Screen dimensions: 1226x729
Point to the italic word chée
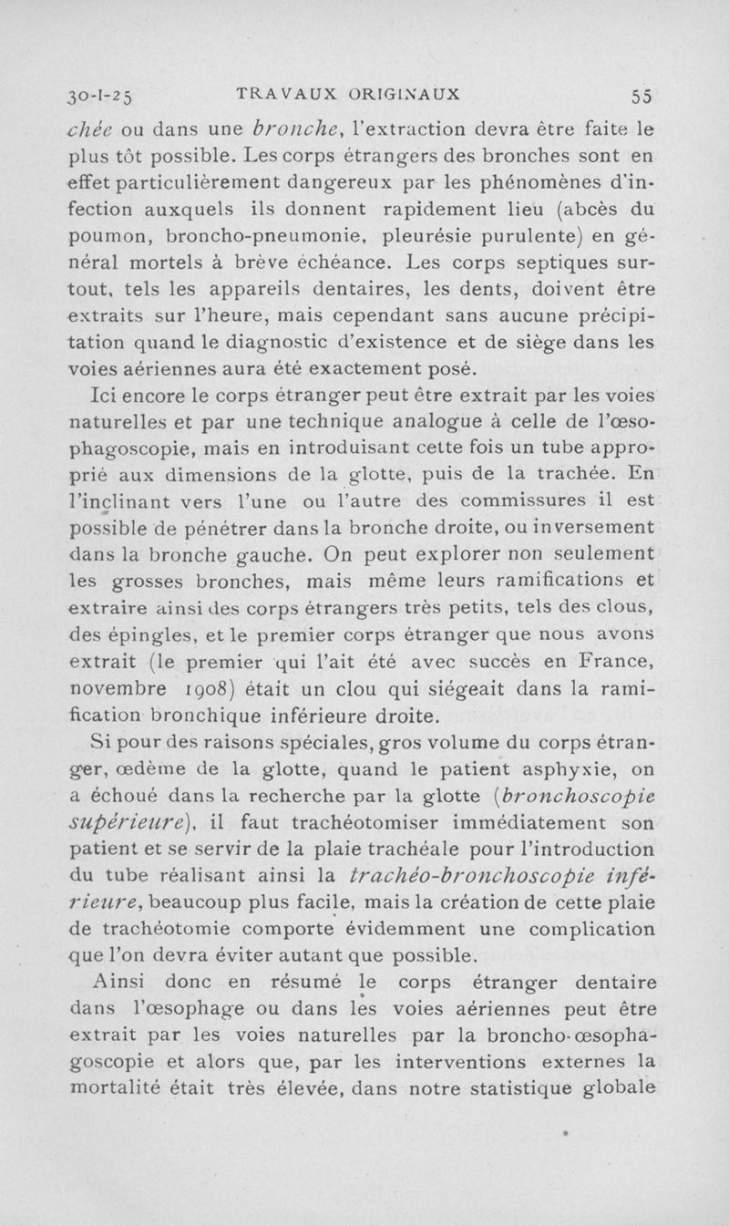[x=95, y=128]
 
